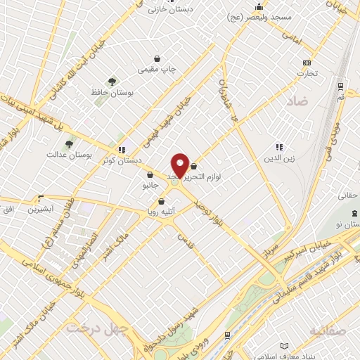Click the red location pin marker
click(x=180, y=165)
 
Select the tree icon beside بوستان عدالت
click(x=69, y=144)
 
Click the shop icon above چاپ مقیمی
click(x=157, y=59)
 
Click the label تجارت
click(x=307, y=72)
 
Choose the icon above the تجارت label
click(x=307, y=63)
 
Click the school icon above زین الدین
click(x=279, y=147)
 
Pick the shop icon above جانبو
click(x=150, y=175)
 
